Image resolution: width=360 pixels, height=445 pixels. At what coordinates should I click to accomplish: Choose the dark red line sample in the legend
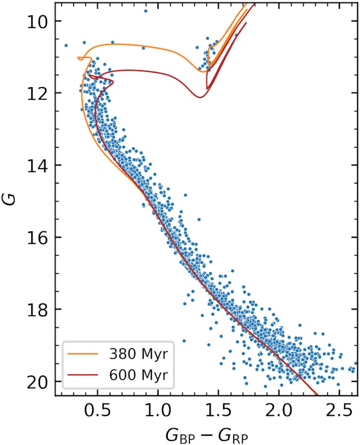[85, 374]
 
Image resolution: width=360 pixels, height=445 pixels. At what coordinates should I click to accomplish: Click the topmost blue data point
[146, 11]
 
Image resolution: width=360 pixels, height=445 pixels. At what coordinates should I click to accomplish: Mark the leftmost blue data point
[66, 45]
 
